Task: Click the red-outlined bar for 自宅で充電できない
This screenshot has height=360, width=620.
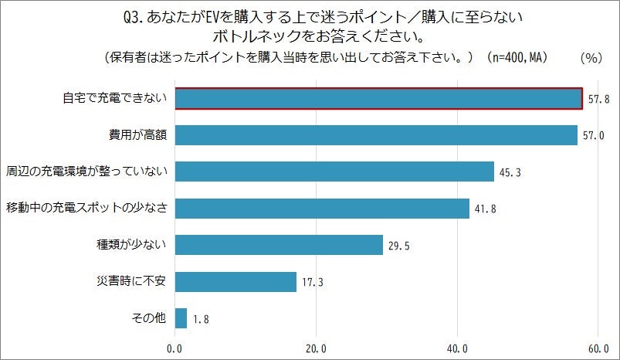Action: click(x=378, y=99)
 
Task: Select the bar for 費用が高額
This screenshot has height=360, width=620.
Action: click(x=376, y=135)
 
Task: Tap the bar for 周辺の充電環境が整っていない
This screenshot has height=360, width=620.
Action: click(x=334, y=172)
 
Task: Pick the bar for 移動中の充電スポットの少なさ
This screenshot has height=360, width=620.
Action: click(x=322, y=209)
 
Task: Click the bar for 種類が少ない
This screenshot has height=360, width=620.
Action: click(x=279, y=245)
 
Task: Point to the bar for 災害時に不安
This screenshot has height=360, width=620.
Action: click(x=235, y=282)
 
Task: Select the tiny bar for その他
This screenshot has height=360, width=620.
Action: click(x=181, y=318)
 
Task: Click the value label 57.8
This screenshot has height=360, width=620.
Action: click(x=598, y=100)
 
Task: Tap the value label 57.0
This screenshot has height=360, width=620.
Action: click(x=593, y=136)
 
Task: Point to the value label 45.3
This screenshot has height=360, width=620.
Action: click(x=510, y=172)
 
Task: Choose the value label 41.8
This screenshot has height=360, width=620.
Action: click(x=486, y=209)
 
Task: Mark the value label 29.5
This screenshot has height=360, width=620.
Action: click(x=398, y=246)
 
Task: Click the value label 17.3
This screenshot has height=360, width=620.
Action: click(x=312, y=283)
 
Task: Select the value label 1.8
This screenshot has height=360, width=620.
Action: click(x=201, y=319)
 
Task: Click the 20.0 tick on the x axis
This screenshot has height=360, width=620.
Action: click(x=317, y=349)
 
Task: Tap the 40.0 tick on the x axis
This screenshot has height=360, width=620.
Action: click(x=458, y=349)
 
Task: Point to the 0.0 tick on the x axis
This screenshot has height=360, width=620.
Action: click(x=175, y=349)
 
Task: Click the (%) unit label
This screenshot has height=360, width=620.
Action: click(x=590, y=58)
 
